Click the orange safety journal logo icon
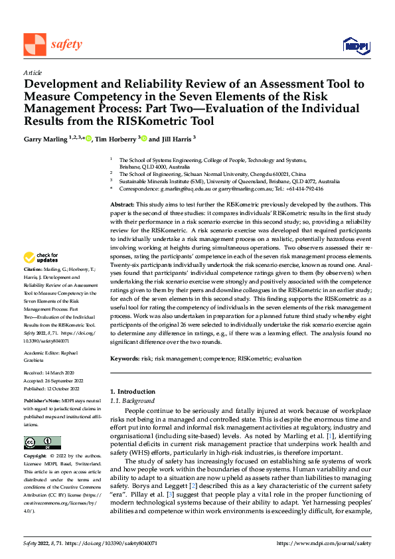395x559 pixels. point(35,44)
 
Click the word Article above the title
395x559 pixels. point(33,72)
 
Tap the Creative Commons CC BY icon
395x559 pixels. point(42,443)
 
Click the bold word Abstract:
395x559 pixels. point(121,205)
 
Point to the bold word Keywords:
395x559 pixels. point(125,359)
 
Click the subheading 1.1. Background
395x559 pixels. point(132,401)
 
